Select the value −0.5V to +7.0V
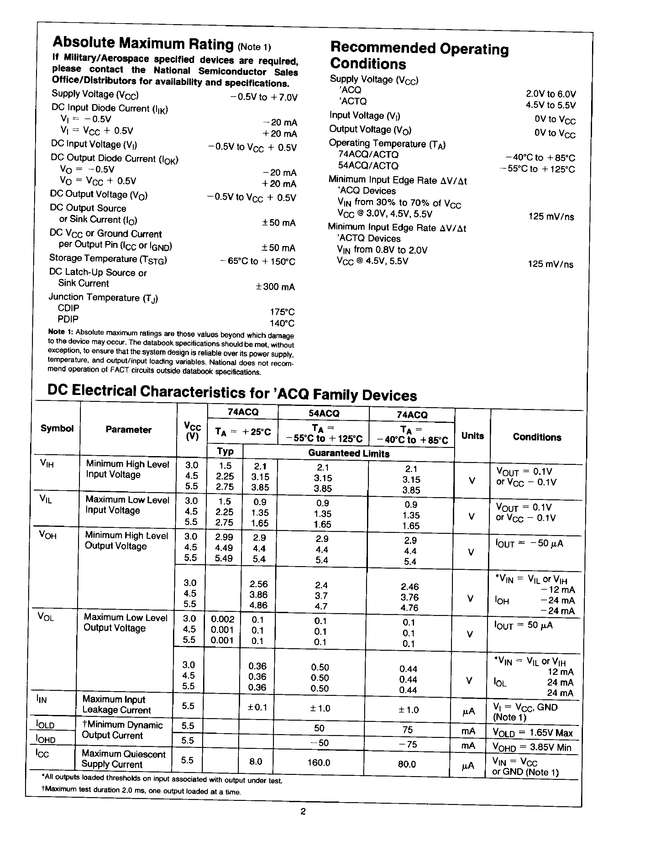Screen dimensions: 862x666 pos(264,97)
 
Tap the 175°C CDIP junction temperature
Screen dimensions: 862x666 pos(282,312)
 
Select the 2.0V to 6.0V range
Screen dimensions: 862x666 pos(551,94)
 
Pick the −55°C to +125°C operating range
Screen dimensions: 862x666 pos(537,169)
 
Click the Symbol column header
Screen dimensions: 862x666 pos(57,428)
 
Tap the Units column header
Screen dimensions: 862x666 pos(472,436)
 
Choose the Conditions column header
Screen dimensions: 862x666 pos(537,437)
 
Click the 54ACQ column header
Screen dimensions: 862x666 pos(323,413)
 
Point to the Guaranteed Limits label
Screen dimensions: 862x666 pos(349,454)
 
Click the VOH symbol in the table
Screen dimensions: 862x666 pos(48,535)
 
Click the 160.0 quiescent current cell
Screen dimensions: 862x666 pos(318,763)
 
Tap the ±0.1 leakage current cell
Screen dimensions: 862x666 pos(257,707)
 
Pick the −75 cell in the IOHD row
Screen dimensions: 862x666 pos(407,744)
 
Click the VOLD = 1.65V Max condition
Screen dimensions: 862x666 pos(532,733)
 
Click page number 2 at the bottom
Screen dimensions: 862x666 pos(303,812)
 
